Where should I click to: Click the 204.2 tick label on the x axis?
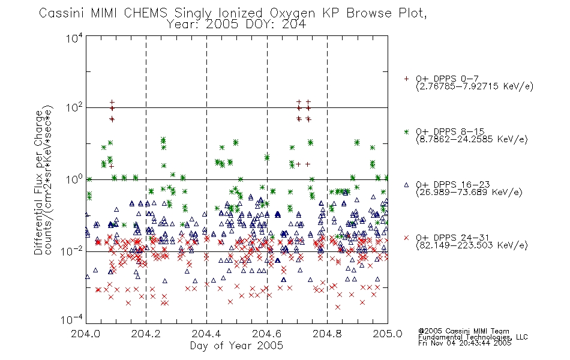(146, 334)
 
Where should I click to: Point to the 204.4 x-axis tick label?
(206, 334)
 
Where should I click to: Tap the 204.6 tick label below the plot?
(267, 334)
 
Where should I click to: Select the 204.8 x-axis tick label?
(327, 334)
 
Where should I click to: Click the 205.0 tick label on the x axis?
(388, 334)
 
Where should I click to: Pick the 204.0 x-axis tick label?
(85, 334)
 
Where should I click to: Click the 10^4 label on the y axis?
(74, 38)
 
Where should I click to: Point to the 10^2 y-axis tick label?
(74, 108)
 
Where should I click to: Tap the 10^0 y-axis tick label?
(74, 179)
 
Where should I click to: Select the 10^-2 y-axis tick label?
(72, 251)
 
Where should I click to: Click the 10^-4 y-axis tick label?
(72, 320)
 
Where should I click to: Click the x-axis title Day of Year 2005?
(236, 346)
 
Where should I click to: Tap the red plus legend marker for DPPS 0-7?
(406, 79)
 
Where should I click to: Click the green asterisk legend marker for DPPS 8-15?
(406, 131)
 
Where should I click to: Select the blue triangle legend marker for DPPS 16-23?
(406, 185)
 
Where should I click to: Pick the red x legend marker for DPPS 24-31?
(406, 238)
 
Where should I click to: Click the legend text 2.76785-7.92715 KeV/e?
(475, 86)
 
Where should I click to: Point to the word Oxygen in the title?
(292, 13)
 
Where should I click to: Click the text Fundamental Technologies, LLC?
(473, 337)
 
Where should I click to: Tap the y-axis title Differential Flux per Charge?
(38, 182)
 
